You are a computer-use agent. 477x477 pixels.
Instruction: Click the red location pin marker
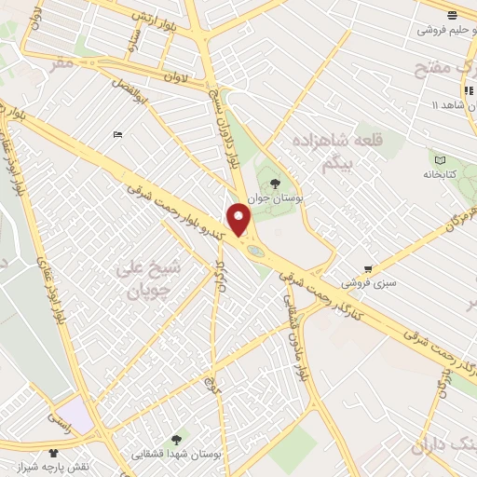240,220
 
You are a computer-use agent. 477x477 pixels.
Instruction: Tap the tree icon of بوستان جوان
274,184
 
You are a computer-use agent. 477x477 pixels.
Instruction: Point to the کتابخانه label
440,173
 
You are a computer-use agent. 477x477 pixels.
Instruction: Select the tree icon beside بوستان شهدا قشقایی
178,437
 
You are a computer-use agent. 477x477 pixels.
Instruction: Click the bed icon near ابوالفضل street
116,135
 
